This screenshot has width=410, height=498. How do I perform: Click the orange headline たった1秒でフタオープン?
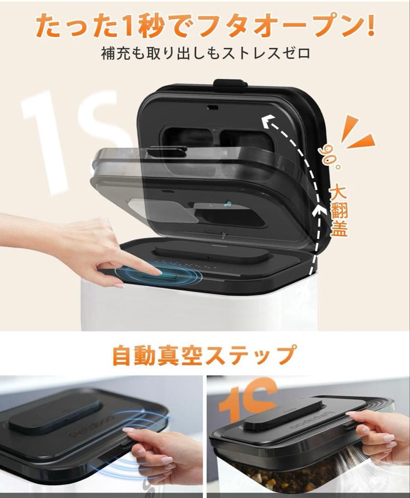pos(205,26)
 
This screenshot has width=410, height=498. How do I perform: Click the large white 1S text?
pos(69,138)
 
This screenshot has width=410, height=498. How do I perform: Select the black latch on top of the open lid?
pos(230,83)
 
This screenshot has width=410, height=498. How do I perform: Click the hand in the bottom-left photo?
pos(161,452)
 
